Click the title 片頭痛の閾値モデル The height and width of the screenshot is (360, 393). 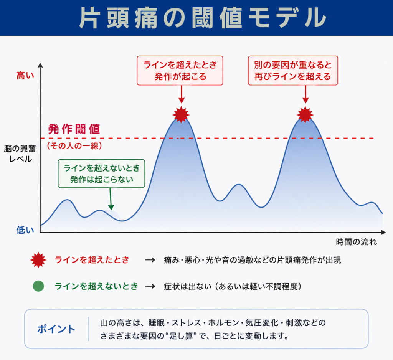(x=203, y=18)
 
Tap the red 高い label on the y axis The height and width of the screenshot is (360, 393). (x=25, y=76)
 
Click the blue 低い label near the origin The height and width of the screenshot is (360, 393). (x=25, y=230)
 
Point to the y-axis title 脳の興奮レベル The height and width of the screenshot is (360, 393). (x=20, y=154)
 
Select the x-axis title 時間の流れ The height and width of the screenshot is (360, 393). (x=357, y=242)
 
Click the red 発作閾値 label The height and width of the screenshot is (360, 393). (x=74, y=129)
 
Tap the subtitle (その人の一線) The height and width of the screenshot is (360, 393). (x=74, y=146)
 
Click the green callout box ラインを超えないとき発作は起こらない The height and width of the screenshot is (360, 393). (x=101, y=173)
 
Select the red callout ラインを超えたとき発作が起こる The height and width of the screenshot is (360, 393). (x=180, y=71)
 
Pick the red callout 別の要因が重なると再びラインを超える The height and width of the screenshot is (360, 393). (x=293, y=71)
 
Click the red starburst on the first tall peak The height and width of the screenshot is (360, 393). (x=181, y=114)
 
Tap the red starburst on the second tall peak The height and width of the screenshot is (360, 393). (x=305, y=114)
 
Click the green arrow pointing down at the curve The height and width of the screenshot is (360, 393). (x=111, y=199)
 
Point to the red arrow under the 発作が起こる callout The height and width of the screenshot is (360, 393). (x=182, y=94)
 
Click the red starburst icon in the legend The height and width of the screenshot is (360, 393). (x=38, y=260)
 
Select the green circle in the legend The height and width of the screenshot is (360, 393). (x=38, y=286)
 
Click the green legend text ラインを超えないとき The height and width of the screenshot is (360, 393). (x=96, y=286)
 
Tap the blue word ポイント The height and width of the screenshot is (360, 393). (x=56, y=329)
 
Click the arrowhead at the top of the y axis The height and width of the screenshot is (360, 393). (x=40, y=65)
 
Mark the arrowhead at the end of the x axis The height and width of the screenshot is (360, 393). (x=383, y=233)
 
